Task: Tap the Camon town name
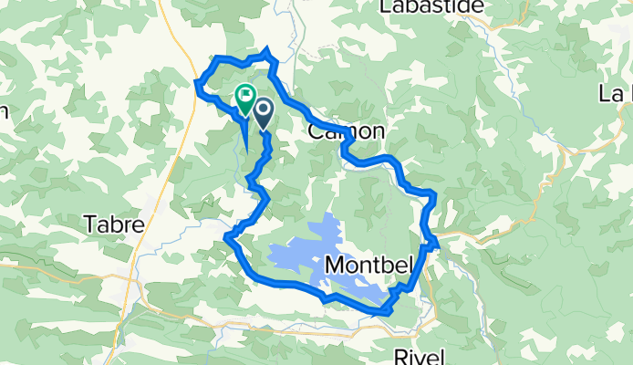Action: coord(346,131)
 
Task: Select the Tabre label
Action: coord(113,224)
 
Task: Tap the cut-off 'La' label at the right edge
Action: coord(616,94)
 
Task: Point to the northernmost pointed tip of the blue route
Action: coord(267,49)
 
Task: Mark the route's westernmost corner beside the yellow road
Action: coord(198,85)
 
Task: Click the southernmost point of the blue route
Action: coord(387,312)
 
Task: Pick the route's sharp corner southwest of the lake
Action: coord(227,238)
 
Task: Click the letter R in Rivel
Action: coord(400,353)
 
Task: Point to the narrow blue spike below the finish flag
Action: coord(245,137)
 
